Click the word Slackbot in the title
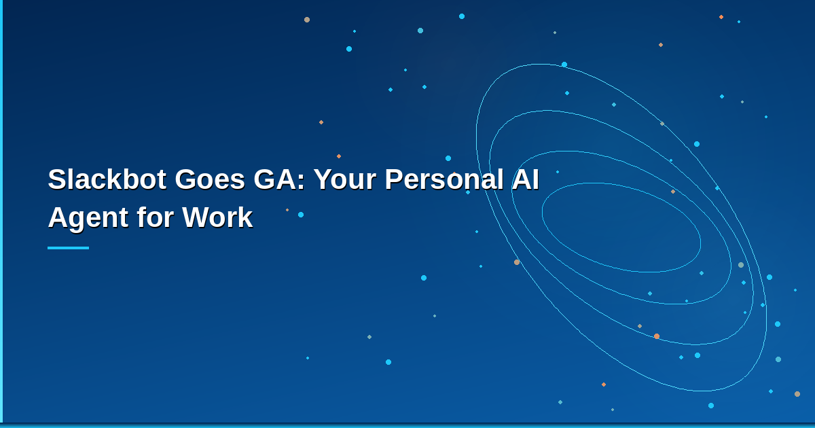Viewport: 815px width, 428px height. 106,180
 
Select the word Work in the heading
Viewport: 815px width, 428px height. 217,218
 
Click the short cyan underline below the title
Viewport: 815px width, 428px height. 68,248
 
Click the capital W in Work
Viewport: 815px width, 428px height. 195,218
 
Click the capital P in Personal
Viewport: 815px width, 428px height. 393,180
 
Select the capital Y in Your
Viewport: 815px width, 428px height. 321,180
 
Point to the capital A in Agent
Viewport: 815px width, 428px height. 57,218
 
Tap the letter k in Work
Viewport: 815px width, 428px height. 245,218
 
